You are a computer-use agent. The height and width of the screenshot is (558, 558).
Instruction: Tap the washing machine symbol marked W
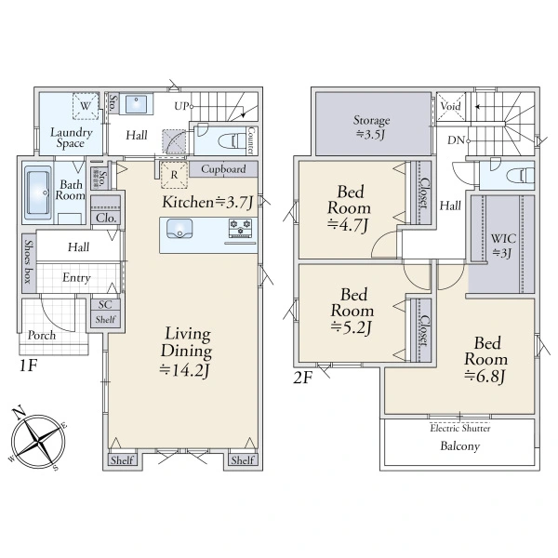(x=86, y=106)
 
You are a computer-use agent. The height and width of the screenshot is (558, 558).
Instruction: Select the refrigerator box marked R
(x=174, y=175)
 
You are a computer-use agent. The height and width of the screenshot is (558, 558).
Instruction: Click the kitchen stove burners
(x=240, y=228)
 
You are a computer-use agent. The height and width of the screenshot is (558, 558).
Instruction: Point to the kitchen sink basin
(x=179, y=229)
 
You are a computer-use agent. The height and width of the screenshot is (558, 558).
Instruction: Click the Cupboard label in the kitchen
(x=223, y=168)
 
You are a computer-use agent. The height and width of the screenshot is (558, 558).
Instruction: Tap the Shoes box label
(x=29, y=261)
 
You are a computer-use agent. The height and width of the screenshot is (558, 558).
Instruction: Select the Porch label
(x=42, y=335)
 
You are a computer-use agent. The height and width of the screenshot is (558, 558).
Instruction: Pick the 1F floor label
(x=28, y=365)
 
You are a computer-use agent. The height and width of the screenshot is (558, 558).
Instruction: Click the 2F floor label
(x=302, y=378)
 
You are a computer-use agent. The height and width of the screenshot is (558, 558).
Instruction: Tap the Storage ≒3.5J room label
(x=371, y=127)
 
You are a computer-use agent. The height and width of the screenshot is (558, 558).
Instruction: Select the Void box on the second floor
(x=450, y=106)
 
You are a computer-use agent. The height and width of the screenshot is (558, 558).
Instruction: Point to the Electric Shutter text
(x=460, y=428)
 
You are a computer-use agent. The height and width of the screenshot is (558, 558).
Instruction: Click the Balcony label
(x=460, y=445)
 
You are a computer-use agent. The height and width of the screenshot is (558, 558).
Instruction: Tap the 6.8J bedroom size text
(x=485, y=376)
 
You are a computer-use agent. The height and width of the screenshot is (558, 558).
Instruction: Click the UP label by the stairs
(x=181, y=106)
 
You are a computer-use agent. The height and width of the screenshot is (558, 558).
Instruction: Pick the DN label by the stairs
(x=457, y=140)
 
